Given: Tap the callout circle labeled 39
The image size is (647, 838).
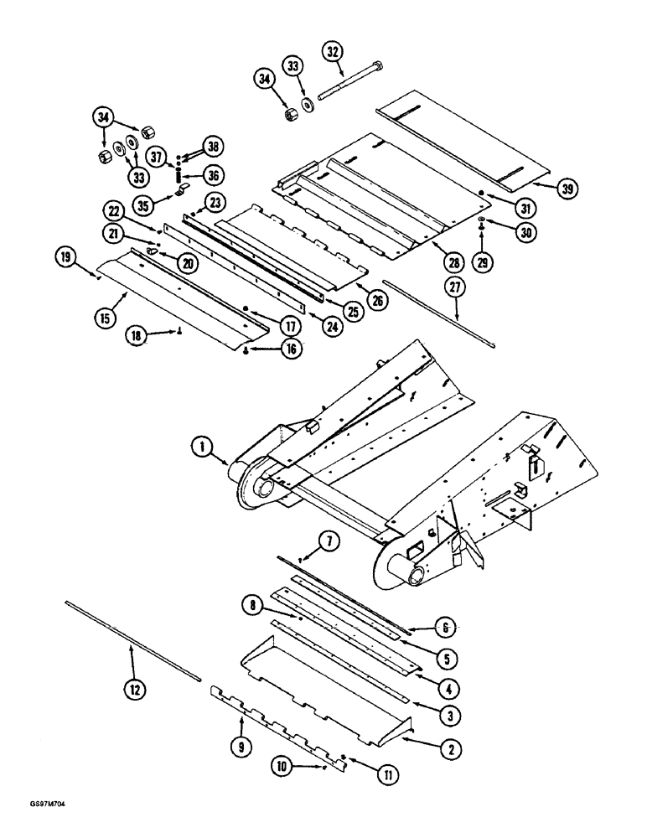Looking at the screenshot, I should (546, 189).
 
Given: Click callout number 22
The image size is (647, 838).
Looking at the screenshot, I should (114, 209).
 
